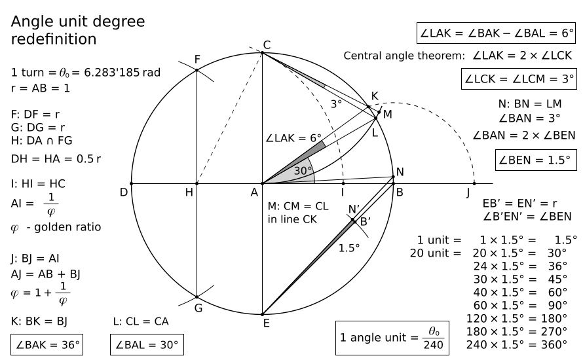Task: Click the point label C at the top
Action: [x=267, y=45]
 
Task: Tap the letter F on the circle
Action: [x=197, y=60]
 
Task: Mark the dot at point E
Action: [x=262, y=314]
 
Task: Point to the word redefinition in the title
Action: [x=54, y=39]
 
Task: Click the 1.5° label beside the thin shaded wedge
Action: [x=350, y=247]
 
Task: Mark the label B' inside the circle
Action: [x=366, y=221]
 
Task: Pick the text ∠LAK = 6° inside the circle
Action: [x=294, y=139]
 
